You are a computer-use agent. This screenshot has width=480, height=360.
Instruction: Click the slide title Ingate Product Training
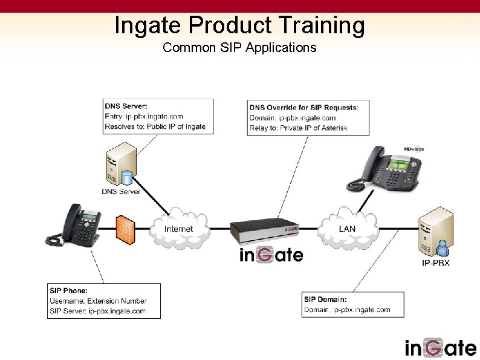click(x=239, y=25)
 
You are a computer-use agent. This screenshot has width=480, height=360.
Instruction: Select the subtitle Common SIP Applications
click(x=239, y=47)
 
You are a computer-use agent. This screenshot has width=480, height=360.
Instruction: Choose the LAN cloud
click(x=347, y=229)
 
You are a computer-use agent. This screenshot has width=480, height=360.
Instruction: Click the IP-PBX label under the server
click(x=435, y=263)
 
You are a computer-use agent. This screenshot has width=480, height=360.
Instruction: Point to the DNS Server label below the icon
click(x=121, y=192)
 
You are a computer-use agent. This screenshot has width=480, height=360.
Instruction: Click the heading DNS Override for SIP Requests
click(x=303, y=108)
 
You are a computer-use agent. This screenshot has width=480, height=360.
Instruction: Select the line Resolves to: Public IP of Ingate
click(x=155, y=126)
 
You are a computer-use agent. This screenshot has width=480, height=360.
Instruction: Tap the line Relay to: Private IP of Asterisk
click(x=298, y=128)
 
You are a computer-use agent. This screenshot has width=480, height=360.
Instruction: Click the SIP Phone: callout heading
click(x=68, y=291)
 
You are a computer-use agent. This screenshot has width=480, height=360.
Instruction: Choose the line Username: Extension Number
click(x=98, y=301)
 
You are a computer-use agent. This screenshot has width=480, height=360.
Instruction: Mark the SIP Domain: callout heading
click(x=325, y=299)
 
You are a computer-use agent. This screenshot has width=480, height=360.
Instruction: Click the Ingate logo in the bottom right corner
click(x=440, y=348)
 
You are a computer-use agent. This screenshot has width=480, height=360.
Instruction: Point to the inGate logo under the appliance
click(x=271, y=255)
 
